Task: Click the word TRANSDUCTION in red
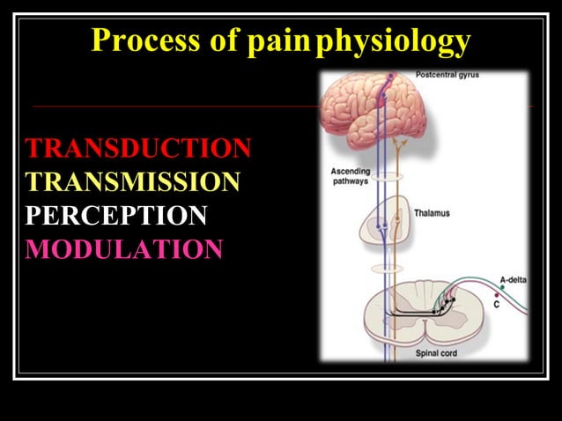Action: pyautogui.click(x=138, y=148)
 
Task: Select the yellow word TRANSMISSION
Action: pyautogui.click(x=132, y=181)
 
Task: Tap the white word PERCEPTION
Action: pyautogui.click(x=116, y=215)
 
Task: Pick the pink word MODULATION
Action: pyautogui.click(x=124, y=249)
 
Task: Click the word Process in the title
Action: pyautogui.click(x=144, y=41)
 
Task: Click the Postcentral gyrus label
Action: pyautogui.click(x=447, y=76)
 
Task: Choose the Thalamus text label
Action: pyautogui.click(x=433, y=213)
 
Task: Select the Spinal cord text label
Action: pyautogui.click(x=434, y=354)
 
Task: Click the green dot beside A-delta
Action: pyautogui.click(x=501, y=288)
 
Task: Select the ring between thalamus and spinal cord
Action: pyautogui.click(x=386, y=268)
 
